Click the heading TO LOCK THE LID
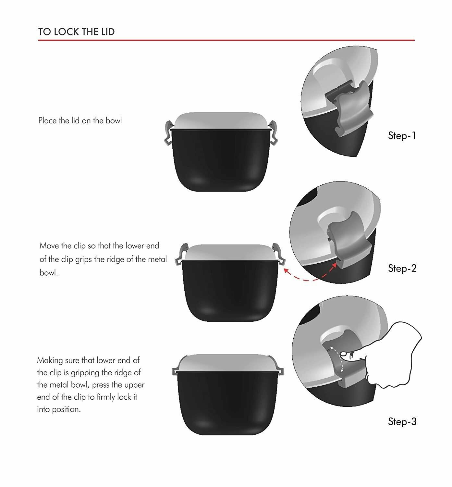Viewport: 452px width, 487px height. pyautogui.click(x=76, y=31)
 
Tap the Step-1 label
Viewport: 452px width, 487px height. pyautogui.click(x=402, y=135)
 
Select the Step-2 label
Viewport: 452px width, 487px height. pyautogui.click(x=402, y=268)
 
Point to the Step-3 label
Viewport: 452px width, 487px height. pyautogui.click(x=402, y=421)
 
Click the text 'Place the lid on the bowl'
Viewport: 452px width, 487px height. pyautogui.click(x=80, y=120)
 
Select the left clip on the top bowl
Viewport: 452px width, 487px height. pyautogui.click(x=168, y=133)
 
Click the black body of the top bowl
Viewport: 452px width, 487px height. pyautogui.click(x=221, y=159)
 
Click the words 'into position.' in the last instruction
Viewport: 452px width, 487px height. pyautogui.click(x=59, y=409)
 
